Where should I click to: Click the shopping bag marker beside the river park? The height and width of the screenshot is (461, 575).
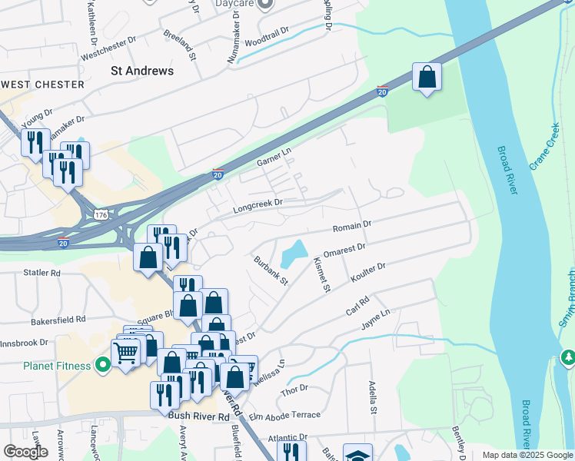coord(427,78)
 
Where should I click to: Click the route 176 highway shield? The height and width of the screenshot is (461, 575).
coord(101,213)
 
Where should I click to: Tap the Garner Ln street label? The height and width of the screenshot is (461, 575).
coord(274,159)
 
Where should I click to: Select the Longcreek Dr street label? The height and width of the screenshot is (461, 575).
coord(258,204)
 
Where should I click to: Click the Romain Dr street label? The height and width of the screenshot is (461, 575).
coord(352,226)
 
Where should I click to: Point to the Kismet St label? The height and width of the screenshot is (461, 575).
coord(322,275)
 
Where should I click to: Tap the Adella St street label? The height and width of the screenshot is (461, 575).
coord(373,396)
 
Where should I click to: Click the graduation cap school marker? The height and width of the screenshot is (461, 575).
coord(357,456)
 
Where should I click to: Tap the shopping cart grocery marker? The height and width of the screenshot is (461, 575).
coord(125,353)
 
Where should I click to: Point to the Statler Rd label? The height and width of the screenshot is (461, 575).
coord(42,273)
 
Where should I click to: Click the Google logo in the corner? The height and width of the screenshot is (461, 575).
coord(25,452)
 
